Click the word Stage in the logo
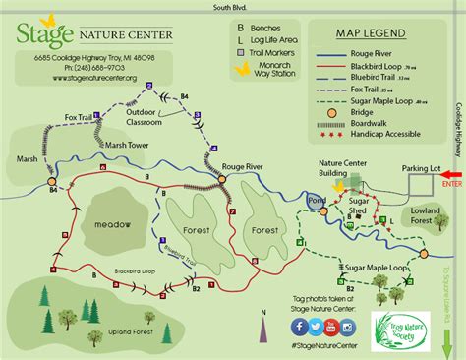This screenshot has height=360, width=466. pyautogui.click(x=44, y=36)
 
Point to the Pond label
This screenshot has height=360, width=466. pyautogui.click(x=317, y=200)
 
